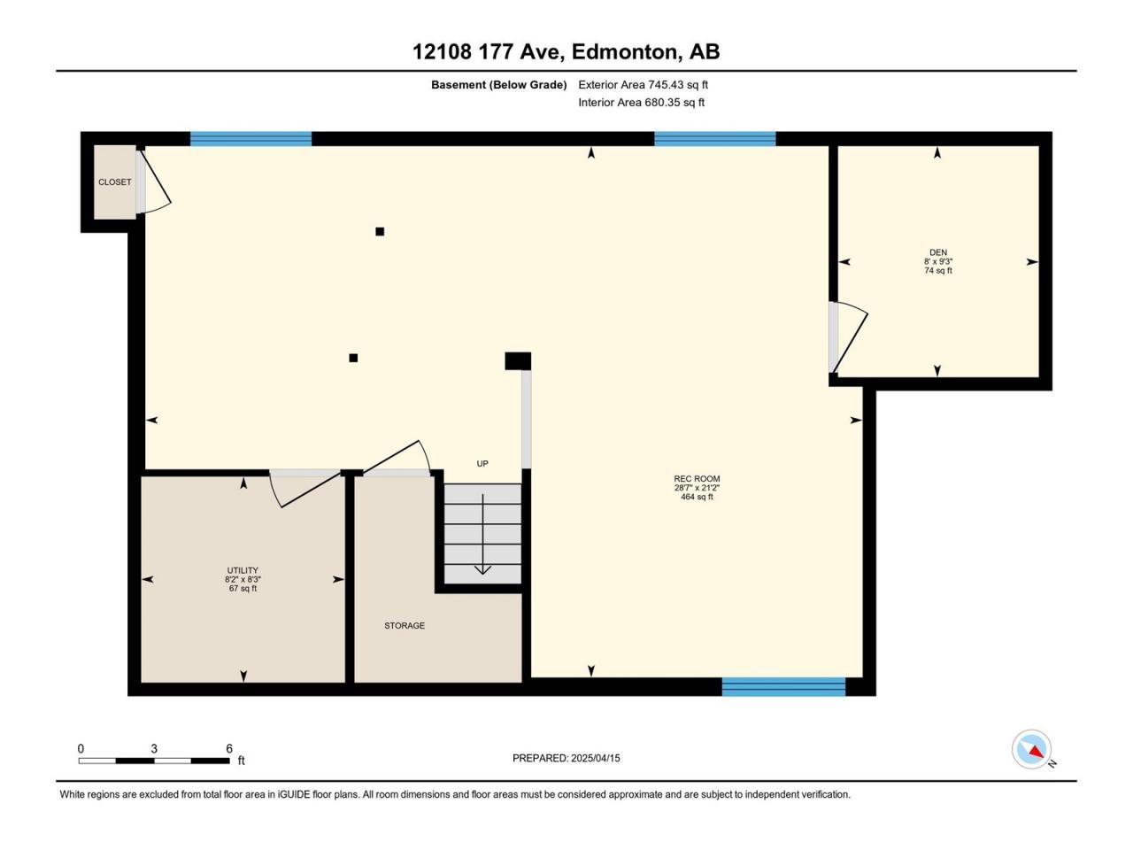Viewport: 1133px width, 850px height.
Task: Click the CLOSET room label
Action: click(114, 182)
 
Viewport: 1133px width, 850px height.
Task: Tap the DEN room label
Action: click(938, 252)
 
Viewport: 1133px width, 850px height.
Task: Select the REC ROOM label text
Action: click(697, 478)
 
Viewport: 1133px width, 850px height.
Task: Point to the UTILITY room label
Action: click(243, 570)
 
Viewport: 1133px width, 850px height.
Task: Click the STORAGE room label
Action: click(405, 625)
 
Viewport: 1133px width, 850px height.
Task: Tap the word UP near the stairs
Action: click(482, 463)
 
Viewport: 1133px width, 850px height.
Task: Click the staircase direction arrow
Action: click(482, 534)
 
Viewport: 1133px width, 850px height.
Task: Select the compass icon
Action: click(1031, 749)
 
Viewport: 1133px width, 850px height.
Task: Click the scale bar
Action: click(154, 761)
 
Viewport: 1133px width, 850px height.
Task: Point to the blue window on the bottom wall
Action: click(783, 687)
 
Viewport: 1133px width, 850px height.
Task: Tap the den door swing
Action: click(849, 336)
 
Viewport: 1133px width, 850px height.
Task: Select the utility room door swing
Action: click(304, 489)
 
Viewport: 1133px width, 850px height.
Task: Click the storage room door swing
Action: click(397, 457)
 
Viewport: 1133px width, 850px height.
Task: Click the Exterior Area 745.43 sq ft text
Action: click(644, 85)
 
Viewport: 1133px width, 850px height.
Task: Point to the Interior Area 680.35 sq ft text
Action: click(641, 102)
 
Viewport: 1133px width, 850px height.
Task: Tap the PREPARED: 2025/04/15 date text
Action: click(566, 758)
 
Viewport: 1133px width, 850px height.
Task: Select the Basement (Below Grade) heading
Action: click(499, 85)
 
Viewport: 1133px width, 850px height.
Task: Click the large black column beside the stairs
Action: click(518, 360)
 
